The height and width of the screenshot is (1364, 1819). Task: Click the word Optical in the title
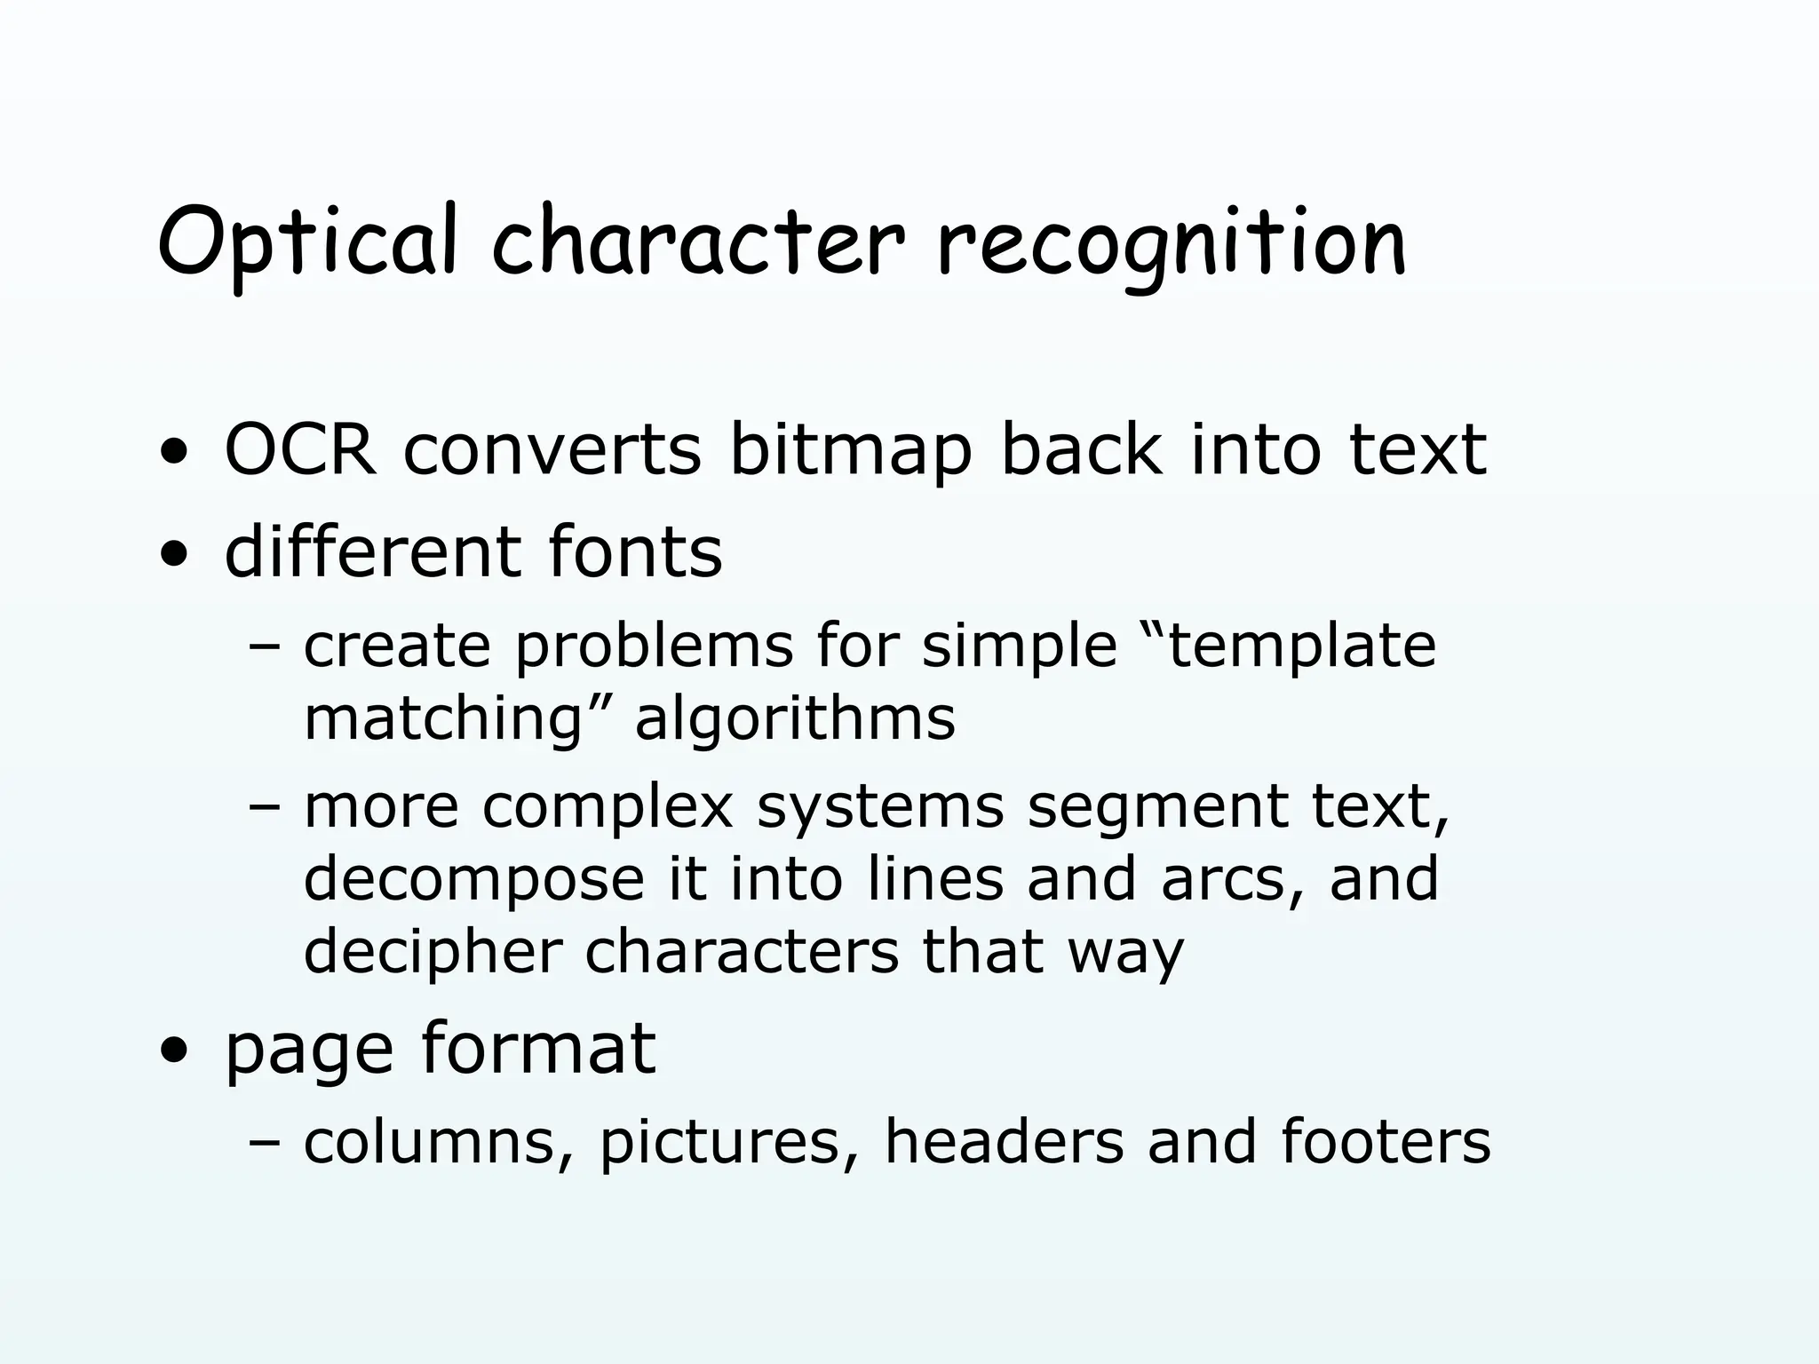click(x=308, y=241)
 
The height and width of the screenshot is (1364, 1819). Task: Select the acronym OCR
click(x=301, y=450)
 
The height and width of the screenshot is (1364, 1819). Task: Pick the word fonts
click(x=635, y=552)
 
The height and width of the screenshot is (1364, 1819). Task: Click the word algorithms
click(x=795, y=719)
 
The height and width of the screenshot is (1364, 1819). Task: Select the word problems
click(x=654, y=647)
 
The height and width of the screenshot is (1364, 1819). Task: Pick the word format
click(x=538, y=1049)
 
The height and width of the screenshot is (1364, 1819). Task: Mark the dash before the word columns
click(x=264, y=1143)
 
